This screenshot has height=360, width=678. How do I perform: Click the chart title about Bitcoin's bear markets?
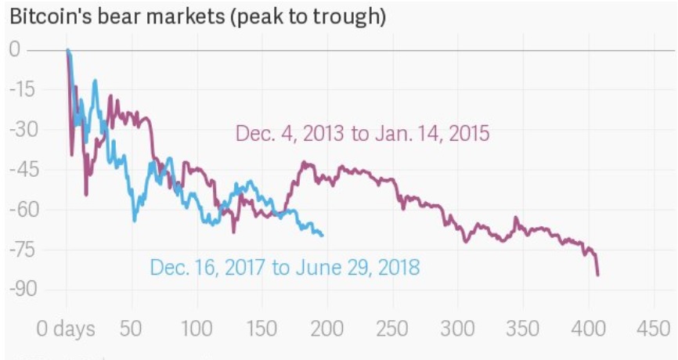click(x=197, y=16)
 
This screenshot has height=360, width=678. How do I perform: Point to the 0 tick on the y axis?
click(x=16, y=51)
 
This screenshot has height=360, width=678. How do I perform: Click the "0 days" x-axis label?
click(x=67, y=328)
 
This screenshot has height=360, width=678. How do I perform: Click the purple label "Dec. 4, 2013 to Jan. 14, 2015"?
click(x=362, y=134)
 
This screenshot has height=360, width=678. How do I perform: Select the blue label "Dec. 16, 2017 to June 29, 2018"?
click(x=284, y=268)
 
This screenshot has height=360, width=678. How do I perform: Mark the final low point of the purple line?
click(x=598, y=275)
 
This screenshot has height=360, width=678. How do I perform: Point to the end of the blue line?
click(x=323, y=235)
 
